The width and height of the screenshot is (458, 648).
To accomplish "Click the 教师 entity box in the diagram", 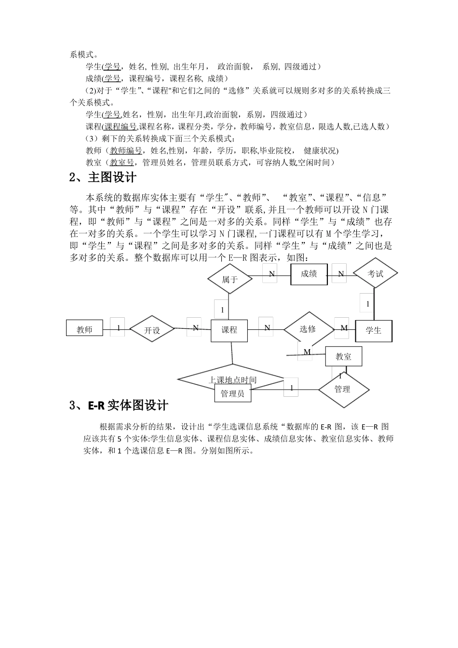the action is coord(84,329).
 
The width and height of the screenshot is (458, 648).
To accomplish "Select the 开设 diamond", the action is coord(152,330).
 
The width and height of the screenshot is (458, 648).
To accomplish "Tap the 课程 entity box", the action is coord(229,330).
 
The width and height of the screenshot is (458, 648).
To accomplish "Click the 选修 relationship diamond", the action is coord(308,329).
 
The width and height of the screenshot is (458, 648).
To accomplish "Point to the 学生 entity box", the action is coord(374,330).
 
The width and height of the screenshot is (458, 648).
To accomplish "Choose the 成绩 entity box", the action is coord(309,274).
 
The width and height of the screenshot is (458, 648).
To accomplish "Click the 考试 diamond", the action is coord(376,274).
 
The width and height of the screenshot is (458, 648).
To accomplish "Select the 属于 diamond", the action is coord(230,279).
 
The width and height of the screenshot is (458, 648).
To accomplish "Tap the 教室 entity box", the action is coord(344,357).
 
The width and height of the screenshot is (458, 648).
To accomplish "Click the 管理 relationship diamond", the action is coord(343,389).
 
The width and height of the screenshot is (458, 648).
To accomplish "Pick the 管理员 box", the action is coord(233,393).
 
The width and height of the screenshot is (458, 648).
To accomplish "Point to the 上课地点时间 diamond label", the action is coord(232,380).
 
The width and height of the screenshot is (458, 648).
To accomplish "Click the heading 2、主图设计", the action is coord(103,178).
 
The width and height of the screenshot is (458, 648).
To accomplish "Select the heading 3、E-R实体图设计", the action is coord(119,405).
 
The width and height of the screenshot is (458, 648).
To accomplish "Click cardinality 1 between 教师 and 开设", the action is coord(118,327).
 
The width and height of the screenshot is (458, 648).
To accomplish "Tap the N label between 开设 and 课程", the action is coord(195,327).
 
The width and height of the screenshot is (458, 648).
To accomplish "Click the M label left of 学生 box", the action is coord(344,328).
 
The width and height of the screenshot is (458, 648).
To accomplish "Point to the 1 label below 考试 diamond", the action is coord(368,304).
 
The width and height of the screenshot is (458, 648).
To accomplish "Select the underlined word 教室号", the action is coord(122,162).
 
